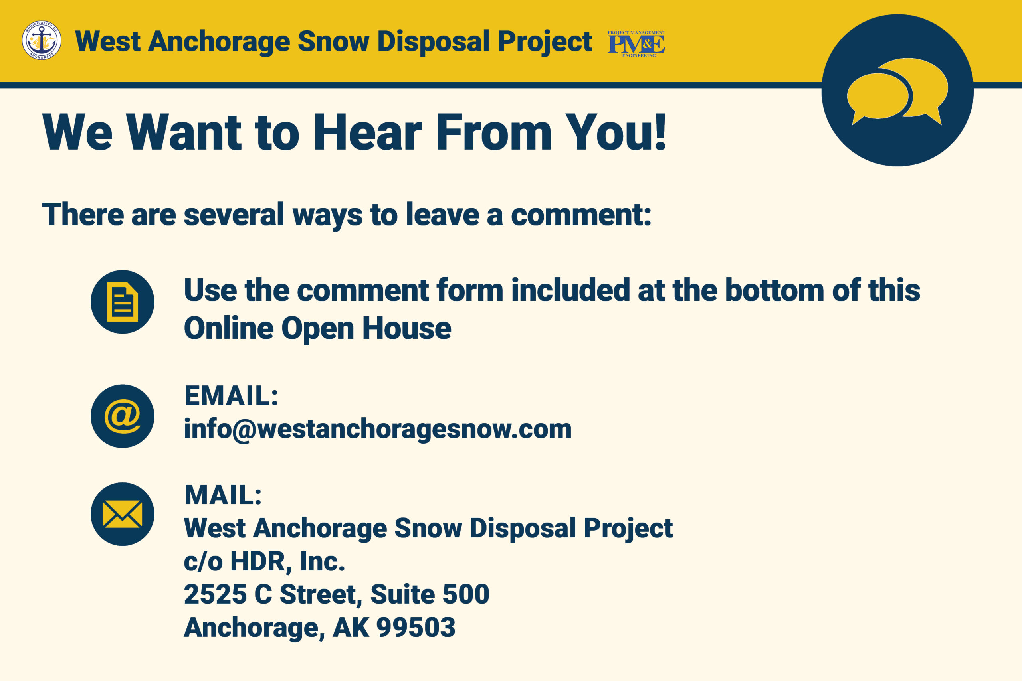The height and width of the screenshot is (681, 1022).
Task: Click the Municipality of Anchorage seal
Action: tap(42, 40)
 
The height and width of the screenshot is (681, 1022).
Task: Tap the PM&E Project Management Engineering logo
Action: tap(636, 44)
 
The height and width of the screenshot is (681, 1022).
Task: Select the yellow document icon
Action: tap(123, 302)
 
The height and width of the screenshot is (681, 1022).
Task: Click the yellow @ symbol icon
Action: tap(123, 416)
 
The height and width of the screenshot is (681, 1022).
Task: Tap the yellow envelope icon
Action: tap(123, 514)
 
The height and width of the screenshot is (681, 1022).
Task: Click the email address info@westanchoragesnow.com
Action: tap(378, 430)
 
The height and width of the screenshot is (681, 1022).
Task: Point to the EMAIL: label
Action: tap(231, 396)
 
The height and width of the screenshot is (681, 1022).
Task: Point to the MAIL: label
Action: tap(223, 495)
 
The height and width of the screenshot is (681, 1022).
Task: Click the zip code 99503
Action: tap(416, 627)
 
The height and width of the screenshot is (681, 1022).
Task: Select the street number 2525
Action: tap(215, 594)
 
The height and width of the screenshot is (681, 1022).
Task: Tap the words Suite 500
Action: tap(430, 594)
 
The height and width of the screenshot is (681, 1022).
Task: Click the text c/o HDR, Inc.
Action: tap(264, 561)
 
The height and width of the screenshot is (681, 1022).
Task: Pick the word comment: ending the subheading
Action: tap(581, 215)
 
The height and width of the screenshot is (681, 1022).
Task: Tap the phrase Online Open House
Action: tap(318, 328)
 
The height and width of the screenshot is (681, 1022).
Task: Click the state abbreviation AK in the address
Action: tap(351, 628)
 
